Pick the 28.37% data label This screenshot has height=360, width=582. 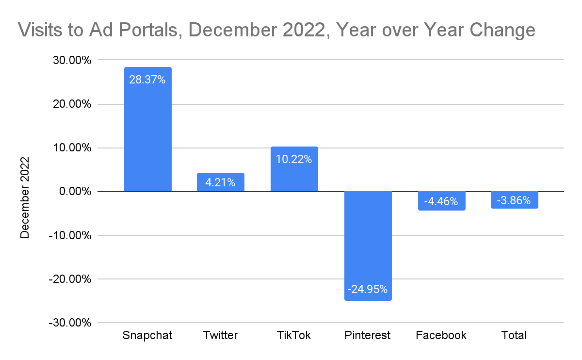[x=147, y=80]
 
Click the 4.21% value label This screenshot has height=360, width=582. [x=221, y=183]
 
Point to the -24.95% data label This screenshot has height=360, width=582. [x=368, y=290]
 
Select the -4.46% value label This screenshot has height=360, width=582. [x=441, y=201]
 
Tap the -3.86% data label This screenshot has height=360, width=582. [x=515, y=200]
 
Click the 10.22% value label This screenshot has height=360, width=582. [x=294, y=159]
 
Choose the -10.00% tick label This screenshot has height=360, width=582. [x=68, y=236]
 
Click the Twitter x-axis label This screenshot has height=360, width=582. [x=221, y=335]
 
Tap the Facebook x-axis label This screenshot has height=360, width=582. [x=441, y=335]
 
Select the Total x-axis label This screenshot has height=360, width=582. [x=515, y=335]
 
